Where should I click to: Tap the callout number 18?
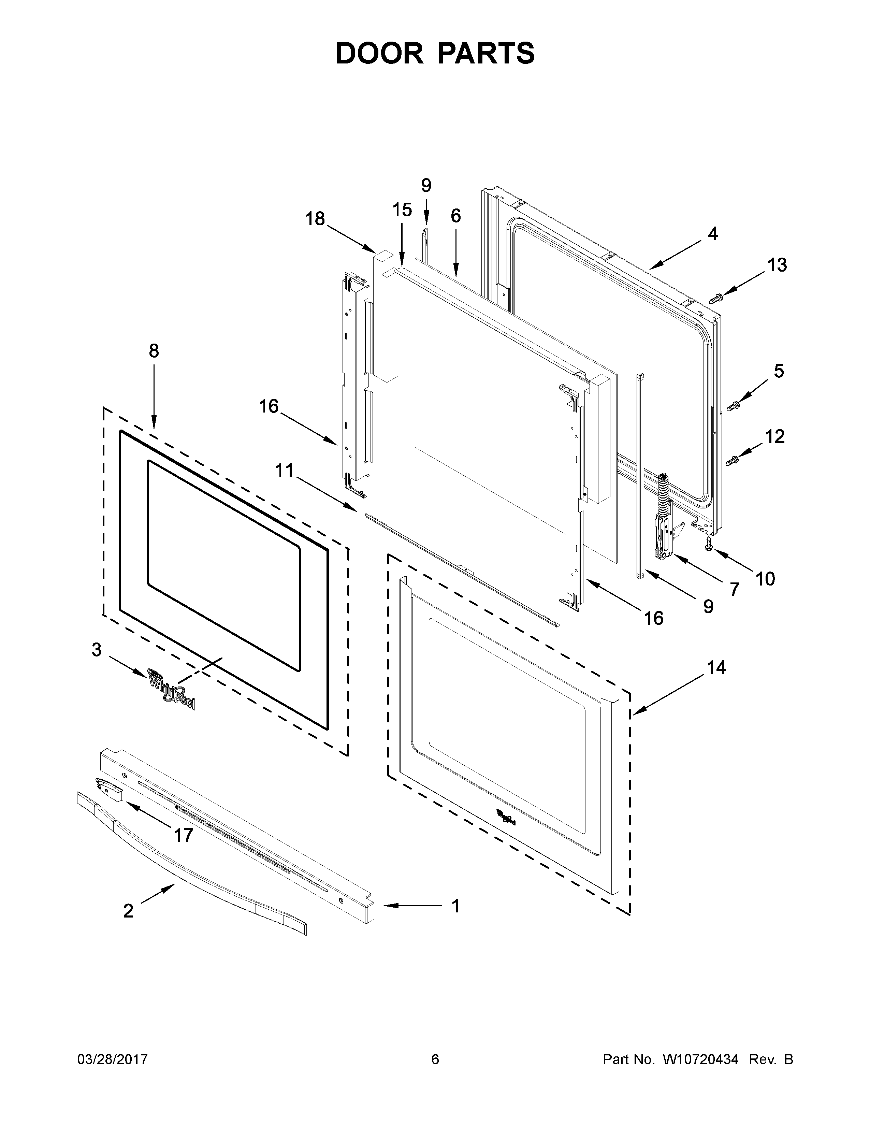pos(315,219)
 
